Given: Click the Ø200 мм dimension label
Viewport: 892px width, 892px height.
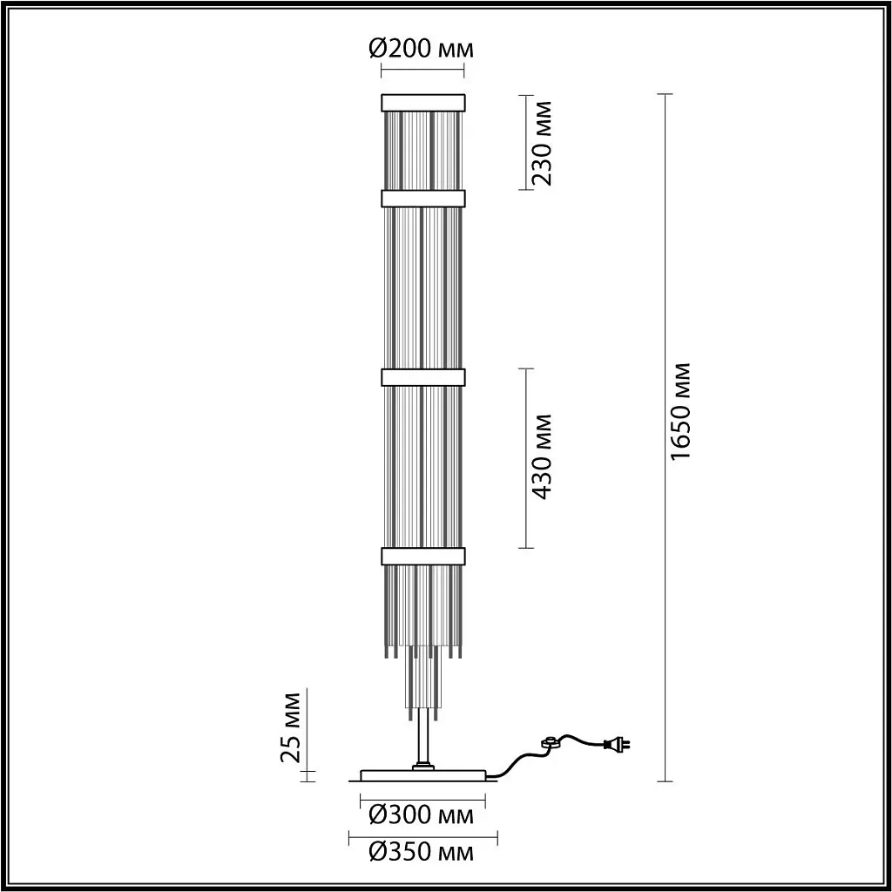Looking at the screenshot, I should click(422, 48).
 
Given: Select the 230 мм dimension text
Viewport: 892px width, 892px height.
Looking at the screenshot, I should click(544, 142).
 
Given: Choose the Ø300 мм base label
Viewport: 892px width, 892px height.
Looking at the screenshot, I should click(422, 815).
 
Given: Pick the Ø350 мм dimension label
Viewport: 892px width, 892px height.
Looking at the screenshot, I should click(422, 852).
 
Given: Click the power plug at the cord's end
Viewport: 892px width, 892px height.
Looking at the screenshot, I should click(619, 744).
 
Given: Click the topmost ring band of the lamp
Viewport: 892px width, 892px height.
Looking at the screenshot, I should click(422, 101).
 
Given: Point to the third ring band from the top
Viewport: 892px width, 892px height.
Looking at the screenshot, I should click(422, 377).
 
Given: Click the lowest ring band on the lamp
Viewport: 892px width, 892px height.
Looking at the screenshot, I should click(422, 556).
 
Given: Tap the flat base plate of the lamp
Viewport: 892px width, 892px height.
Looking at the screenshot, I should click(423, 774).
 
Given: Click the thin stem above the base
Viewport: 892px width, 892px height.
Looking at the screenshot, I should click(422, 740).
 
